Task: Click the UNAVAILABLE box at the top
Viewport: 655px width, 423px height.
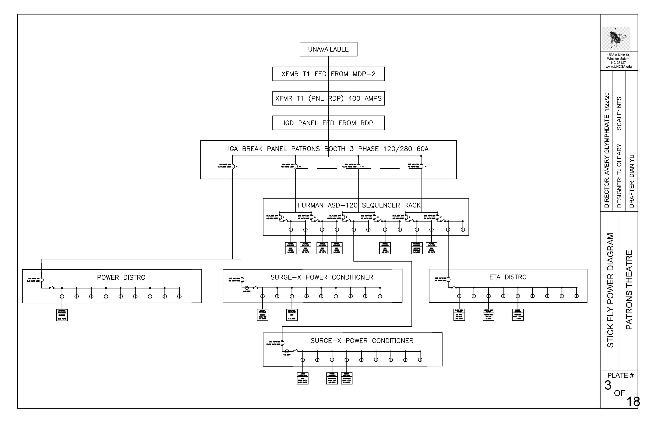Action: click(x=328, y=49)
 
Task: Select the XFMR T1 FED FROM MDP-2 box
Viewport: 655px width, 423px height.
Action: click(x=328, y=74)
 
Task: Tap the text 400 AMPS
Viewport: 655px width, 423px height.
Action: click(x=365, y=98)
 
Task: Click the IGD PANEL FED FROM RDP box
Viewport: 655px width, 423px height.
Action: click(x=328, y=123)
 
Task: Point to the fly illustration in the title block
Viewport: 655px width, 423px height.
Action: click(x=616, y=39)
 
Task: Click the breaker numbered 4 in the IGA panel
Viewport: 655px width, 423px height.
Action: click(x=233, y=166)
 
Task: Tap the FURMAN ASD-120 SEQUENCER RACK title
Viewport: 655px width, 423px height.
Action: click(x=359, y=205)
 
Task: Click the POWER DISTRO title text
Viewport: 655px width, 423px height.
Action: click(x=121, y=277)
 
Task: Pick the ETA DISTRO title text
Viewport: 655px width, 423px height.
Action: click(x=508, y=277)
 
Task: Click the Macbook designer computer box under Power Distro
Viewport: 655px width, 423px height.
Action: click(x=62, y=315)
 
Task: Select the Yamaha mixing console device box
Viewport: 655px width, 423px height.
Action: click(x=262, y=315)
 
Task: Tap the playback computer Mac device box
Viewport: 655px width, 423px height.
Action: click(x=292, y=315)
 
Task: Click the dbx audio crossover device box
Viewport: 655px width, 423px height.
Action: click(x=302, y=378)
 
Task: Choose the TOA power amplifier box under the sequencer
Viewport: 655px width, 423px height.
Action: click(x=431, y=248)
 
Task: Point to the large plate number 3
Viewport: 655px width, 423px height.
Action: click(x=608, y=385)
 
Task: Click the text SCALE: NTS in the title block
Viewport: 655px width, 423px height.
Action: click(x=619, y=113)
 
